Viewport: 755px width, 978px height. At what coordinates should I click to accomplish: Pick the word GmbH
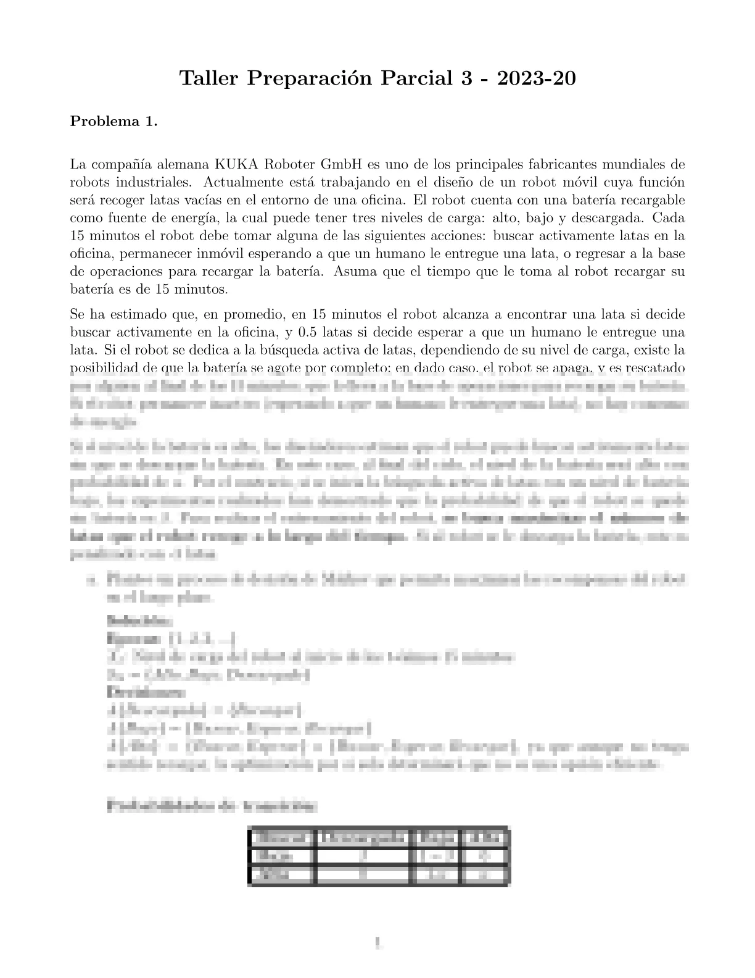pos(343,165)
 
